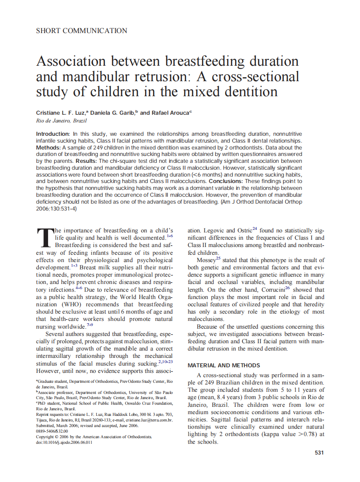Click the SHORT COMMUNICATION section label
(x=82, y=31)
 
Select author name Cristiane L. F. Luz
(x=61, y=113)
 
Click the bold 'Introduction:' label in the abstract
(x=53, y=134)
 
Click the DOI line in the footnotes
(x=64, y=442)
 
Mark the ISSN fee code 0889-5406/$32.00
(x=52, y=431)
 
